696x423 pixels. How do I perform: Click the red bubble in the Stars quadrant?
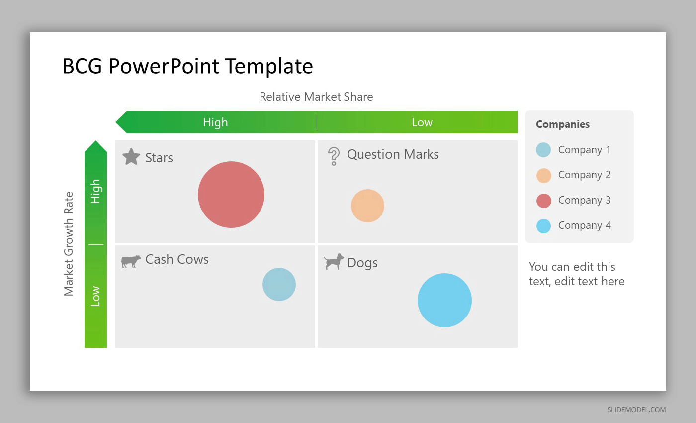231,195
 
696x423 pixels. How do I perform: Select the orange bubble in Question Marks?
367,206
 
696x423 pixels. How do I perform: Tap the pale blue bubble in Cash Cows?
279,284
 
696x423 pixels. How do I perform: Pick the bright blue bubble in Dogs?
444,300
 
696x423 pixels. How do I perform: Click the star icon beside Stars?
131,156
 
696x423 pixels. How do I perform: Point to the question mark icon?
334,156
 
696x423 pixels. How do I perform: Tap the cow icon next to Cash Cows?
131,261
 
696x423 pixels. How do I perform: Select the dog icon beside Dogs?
334,262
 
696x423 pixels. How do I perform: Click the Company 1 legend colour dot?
543,150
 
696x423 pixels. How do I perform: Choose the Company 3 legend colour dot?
544,201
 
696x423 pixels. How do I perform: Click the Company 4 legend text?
585,225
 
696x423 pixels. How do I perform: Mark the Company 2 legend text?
585,175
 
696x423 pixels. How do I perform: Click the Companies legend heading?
563,124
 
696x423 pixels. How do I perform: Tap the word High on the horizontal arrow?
215,122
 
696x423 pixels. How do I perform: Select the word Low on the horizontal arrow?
422,122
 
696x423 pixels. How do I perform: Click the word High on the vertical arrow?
95,191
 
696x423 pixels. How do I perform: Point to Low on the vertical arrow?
95,296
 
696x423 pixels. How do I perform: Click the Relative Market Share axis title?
316,97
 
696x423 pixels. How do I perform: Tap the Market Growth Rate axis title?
69,244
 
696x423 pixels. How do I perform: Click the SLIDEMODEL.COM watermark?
636,410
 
